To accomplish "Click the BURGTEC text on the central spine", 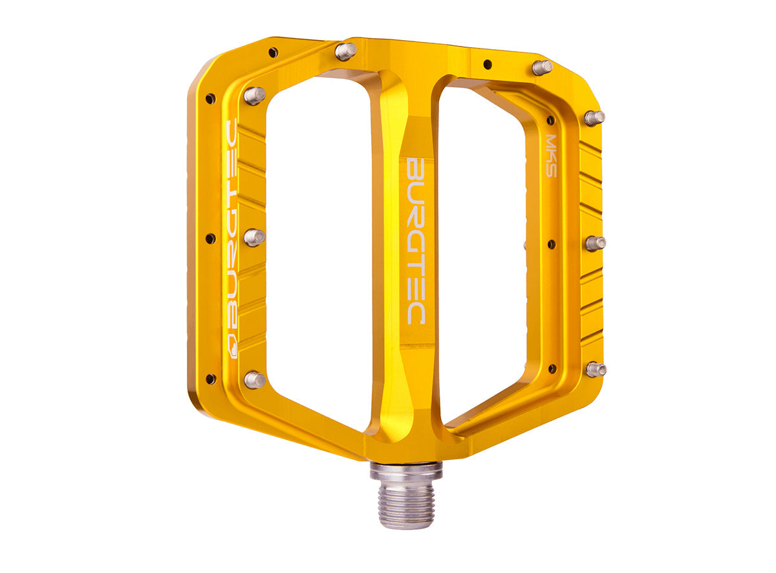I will tap(415, 240).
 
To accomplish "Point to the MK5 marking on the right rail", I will tap(551, 155).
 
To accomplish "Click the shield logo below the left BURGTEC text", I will tap(232, 347).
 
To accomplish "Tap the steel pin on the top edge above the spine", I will tap(345, 51).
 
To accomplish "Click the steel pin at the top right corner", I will tap(542, 67).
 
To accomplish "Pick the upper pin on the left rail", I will tap(254, 96).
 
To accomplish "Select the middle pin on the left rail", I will tap(254, 237).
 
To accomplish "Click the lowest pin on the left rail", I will tap(254, 379).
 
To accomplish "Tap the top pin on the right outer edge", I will tap(594, 118).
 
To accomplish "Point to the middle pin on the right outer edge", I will tap(595, 243).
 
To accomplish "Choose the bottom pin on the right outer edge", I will tap(596, 369).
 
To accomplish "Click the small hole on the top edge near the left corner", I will tap(273, 52).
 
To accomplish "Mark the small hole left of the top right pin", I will tap(487, 64).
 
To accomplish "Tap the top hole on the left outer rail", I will tap(210, 99).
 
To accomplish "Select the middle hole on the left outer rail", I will tap(210, 238).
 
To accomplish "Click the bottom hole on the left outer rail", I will tap(210, 379).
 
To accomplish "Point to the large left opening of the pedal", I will tap(317, 245).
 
